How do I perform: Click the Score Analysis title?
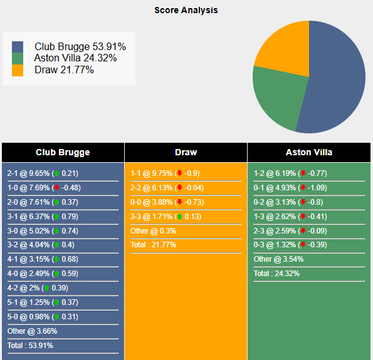click(186, 10)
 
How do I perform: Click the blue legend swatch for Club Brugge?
click(18, 47)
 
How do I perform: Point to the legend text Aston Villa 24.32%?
click(75, 58)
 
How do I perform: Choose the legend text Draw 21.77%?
click(64, 69)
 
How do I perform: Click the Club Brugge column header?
click(63, 152)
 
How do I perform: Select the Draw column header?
click(186, 152)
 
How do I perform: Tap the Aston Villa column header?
click(309, 152)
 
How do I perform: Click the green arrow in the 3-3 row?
click(179, 217)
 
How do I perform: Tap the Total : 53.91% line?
click(30, 346)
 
